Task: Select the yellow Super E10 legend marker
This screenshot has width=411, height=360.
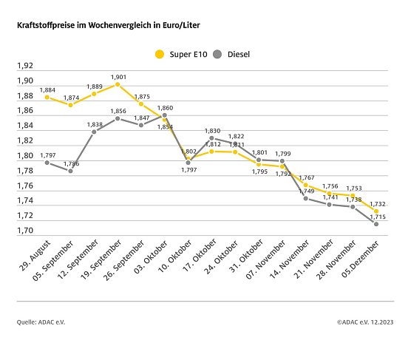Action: (158, 54)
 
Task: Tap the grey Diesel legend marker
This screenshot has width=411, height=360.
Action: (217, 54)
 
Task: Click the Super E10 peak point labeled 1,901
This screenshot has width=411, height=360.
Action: (118, 84)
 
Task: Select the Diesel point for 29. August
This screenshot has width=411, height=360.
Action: (47, 162)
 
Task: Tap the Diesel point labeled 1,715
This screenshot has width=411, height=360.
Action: (376, 224)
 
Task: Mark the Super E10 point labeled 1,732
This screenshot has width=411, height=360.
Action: (376, 211)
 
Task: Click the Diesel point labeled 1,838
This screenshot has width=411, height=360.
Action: (94, 132)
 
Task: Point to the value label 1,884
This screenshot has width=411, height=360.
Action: (47, 89)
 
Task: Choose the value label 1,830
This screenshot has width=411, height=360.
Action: (212, 130)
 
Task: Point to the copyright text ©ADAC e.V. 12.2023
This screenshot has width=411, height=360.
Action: (364, 322)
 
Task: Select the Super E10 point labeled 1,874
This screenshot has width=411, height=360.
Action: (70, 105)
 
